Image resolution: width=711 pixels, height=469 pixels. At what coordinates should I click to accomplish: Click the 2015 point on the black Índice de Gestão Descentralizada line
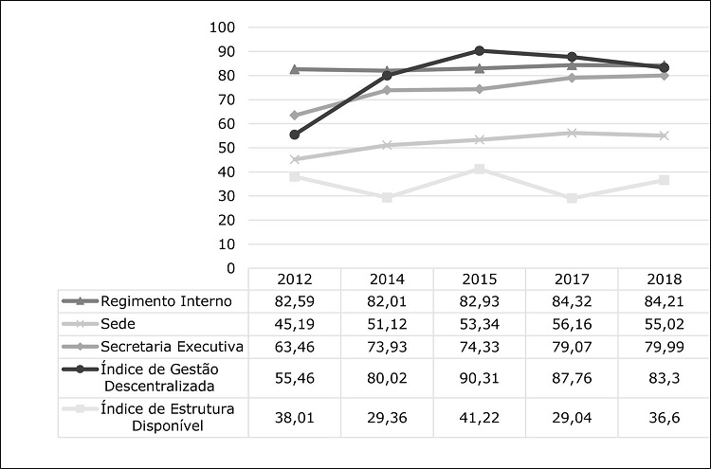480,51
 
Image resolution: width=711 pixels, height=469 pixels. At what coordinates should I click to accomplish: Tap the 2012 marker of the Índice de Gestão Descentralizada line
295,135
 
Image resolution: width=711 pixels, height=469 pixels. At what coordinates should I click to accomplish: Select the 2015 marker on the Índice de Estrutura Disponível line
480,169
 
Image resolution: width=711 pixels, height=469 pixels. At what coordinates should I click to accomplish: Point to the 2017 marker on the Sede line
572,133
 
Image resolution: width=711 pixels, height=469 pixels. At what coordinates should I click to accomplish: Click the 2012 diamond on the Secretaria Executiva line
295,116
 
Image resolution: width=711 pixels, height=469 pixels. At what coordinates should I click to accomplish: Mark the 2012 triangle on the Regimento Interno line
295,69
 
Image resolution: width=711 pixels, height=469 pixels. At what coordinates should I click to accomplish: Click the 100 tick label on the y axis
221,27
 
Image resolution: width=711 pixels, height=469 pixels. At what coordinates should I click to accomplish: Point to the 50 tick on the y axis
225,148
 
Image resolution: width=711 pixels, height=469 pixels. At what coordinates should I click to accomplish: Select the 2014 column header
387,280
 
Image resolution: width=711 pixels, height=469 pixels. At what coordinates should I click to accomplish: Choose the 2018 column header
664,280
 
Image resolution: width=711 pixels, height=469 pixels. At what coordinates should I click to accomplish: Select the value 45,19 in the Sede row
295,323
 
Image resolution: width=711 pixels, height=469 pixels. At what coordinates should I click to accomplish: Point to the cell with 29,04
572,416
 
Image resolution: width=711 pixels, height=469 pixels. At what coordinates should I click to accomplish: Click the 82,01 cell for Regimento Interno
387,301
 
